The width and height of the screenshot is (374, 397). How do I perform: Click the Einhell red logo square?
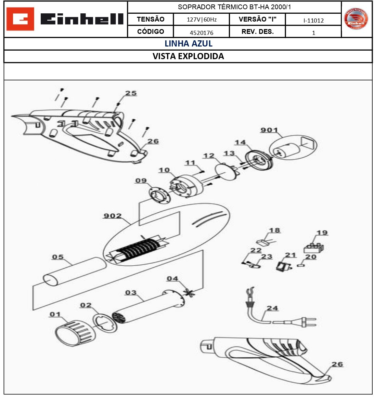(x=20, y=19)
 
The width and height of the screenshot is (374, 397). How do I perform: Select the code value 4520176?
(x=201, y=33)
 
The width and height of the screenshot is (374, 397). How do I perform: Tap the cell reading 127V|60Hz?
(x=201, y=19)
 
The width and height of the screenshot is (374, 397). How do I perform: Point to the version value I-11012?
(x=313, y=20)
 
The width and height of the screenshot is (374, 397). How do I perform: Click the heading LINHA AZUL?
(x=188, y=44)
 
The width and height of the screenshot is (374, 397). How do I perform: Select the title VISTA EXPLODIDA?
(x=188, y=56)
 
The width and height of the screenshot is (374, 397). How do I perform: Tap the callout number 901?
(x=269, y=130)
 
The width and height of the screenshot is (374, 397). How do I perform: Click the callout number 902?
(x=112, y=216)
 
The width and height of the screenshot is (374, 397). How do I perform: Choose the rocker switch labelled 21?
(x=282, y=266)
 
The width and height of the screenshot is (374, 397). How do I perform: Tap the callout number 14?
(x=240, y=142)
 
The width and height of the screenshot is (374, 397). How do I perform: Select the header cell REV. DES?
(x=257, y=32)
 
